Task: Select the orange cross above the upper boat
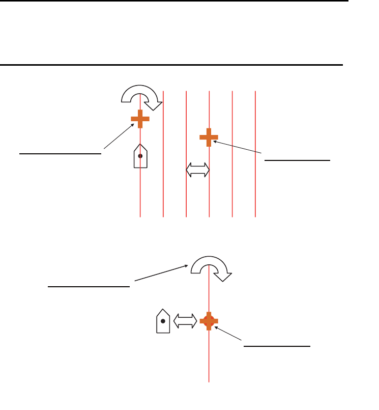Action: point(140,119)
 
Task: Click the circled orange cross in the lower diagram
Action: point(209,320)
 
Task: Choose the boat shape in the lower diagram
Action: point(163,321)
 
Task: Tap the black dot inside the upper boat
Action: point(140,156)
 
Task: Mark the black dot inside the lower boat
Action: point(163,321)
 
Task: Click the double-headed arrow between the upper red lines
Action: point(198,170)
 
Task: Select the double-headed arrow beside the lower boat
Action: point(186,320)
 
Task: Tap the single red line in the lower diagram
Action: point(209,362)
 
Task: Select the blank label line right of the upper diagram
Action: point(298,159)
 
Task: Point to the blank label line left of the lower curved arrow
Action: point(89,286)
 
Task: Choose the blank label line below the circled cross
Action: point(277,345)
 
